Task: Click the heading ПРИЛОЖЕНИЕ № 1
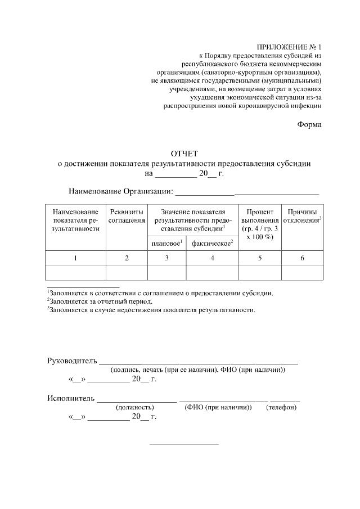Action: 289,47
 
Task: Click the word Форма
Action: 309,124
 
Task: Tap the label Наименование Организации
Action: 120,192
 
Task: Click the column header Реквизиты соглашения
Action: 127,215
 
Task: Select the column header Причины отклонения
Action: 302,215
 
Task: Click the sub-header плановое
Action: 166,243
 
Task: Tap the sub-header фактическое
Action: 212,243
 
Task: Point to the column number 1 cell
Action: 75,258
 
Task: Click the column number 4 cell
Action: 212,258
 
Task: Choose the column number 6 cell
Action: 302,258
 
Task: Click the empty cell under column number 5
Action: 259,272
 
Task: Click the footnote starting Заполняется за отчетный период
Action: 100,301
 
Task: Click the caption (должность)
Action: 134,407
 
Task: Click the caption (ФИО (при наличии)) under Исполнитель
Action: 218,407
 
